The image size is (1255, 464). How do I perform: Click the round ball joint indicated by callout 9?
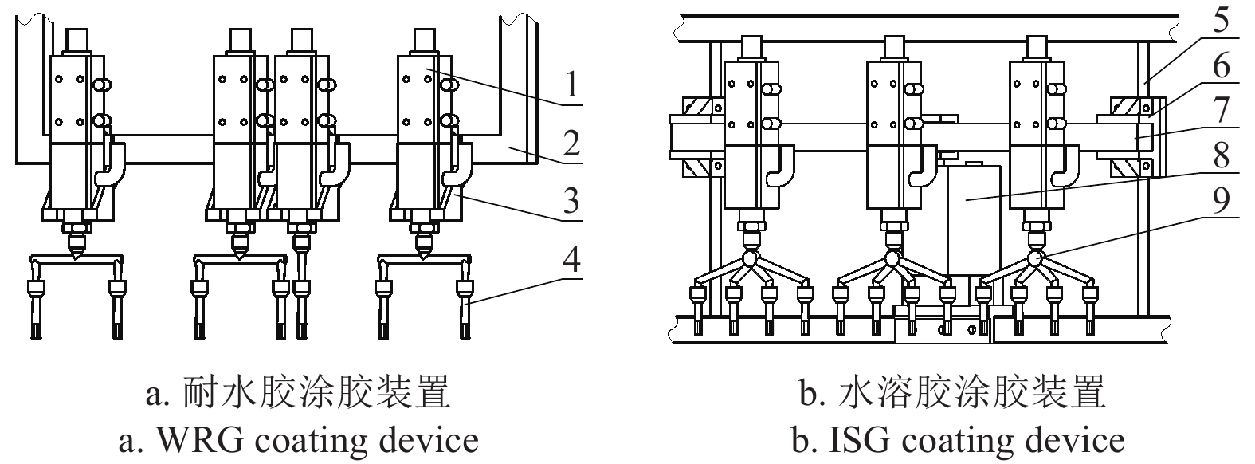pyautogui.click(x=1034, y=258)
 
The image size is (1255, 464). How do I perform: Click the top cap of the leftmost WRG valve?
pyautogui.click(x=75, y=40)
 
